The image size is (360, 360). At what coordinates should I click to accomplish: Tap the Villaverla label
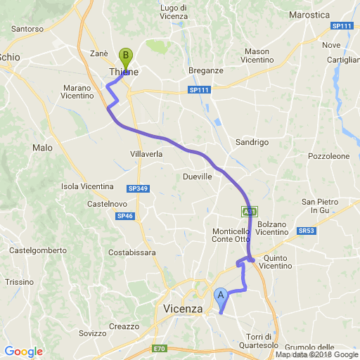[147, 154]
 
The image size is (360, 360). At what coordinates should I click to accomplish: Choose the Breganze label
[206, 70]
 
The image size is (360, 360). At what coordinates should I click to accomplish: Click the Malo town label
[42, 148]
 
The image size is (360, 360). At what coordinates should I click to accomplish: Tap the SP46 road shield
[125, 216]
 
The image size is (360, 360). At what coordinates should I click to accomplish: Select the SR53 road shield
[306, 230]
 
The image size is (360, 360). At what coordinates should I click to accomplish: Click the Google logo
[23, 352]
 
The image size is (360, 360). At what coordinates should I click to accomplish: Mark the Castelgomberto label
[38, 250]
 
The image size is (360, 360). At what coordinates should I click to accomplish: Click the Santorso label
[27, 30]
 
